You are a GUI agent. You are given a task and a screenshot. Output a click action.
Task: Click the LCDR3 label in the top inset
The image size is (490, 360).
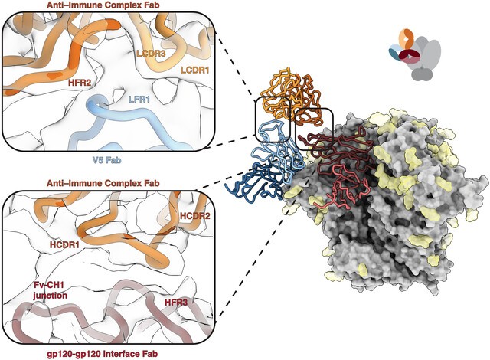point(151,53)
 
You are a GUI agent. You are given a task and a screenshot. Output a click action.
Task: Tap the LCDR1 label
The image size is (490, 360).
point(194,70)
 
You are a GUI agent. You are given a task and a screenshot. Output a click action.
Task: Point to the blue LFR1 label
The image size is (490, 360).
point(139,100)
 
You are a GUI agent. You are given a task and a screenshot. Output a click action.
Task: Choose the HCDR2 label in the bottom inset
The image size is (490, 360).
point(194,216)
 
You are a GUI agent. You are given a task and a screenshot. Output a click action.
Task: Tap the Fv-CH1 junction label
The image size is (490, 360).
point(51,290)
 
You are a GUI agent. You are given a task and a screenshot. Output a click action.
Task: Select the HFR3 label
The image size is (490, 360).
point(176,303)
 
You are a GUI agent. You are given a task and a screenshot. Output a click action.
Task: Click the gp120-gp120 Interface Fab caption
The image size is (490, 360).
point(103,354)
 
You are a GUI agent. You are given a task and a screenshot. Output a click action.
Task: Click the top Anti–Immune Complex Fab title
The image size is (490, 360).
point(103,5)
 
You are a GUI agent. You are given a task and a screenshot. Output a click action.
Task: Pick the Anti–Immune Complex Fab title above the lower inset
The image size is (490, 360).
point(103,183)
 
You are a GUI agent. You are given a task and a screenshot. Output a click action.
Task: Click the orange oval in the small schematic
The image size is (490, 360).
point(405,40)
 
